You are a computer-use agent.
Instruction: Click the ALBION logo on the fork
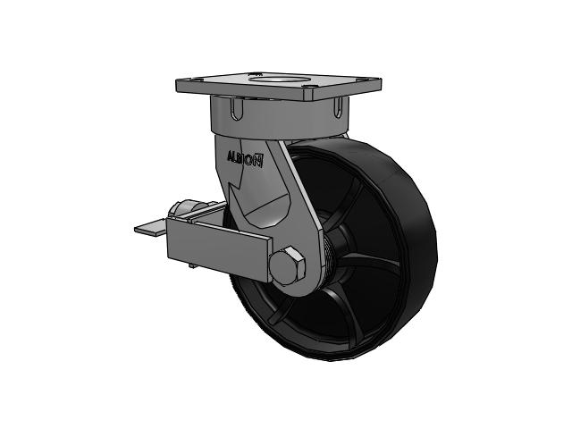(x=245, y=159)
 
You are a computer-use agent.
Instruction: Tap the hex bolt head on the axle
(x=287, y=265)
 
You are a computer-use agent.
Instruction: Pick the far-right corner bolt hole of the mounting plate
(x=363, y=80)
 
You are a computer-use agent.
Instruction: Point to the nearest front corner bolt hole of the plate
(x=309, y=87)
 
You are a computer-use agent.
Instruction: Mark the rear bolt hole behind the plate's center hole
(x=258, y=73)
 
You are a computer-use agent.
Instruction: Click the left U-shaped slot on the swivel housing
(x=237, y=108)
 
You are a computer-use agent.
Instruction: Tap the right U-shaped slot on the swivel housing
(x=339, y=106)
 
